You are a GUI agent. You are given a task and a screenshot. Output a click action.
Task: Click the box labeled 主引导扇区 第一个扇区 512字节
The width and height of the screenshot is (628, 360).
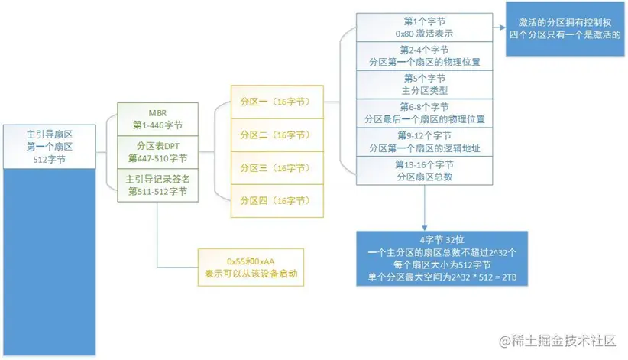[50, 144]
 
